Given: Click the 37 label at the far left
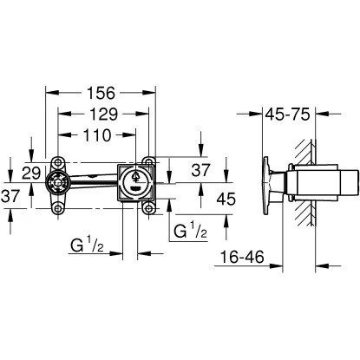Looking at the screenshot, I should pos(12,197).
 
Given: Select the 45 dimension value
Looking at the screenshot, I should pos(201,198).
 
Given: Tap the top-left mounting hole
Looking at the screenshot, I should pos(57,160).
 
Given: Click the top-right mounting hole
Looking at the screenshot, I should pos(151,160).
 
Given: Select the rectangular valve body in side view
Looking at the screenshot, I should pos(317,183).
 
